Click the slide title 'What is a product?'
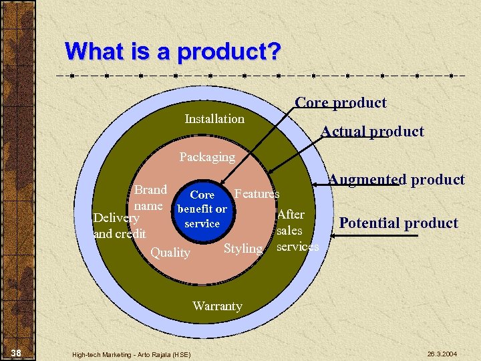[173, 51]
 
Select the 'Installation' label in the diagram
[214, 119]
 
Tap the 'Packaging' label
[207, 157]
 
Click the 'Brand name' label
[149, 198]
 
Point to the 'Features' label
[257, 194]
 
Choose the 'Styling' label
[243, 249]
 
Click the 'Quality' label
[170, 253]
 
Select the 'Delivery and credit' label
[119, 226]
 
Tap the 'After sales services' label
[295, 231]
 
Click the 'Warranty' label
[217, 306]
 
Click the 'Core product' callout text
[341, 103]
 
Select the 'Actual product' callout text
[372, 132]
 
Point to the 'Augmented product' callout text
[396, 179]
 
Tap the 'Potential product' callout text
[398, 223]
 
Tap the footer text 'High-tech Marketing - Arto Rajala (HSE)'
[131, 354]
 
